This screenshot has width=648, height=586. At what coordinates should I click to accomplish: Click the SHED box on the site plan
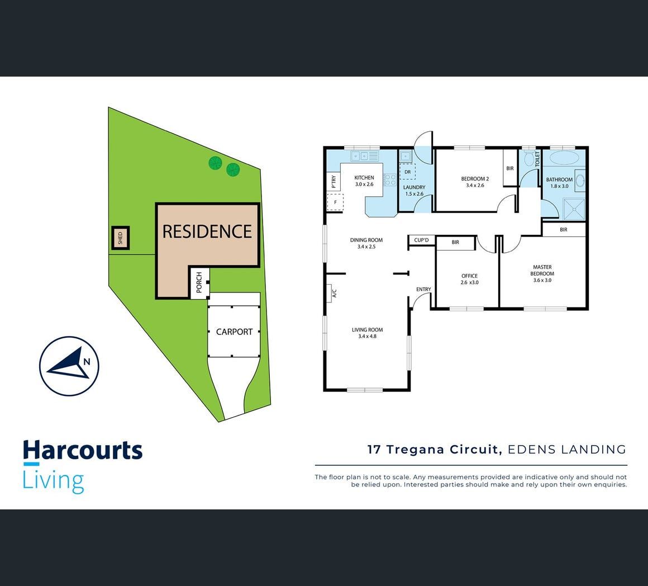coord(120,238)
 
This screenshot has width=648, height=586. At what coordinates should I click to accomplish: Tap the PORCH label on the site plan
coord(199,282)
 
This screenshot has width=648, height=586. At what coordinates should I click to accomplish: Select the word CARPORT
coord(234,332)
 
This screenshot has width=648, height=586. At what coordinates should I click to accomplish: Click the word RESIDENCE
coord(207,231)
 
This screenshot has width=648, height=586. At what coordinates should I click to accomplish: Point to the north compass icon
coord(69,366)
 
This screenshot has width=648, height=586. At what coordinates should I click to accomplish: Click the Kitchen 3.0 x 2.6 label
coord(364,181)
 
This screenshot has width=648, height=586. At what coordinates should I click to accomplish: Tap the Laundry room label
coord(414,190)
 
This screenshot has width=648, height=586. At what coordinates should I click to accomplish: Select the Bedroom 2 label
coord(475,182)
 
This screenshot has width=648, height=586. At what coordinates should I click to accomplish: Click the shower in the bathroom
coord(573,210)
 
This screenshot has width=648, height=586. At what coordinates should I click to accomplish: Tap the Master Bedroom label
coord(542,273)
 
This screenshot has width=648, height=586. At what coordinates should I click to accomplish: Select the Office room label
coord(469,278)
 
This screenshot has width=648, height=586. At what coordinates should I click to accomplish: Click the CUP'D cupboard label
coord(421,240)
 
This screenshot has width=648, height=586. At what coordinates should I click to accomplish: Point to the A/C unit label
coord(334,292)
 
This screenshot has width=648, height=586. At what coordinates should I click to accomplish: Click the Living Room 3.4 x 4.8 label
coord(367,333)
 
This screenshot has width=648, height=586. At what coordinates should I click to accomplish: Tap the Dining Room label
coord(366,243)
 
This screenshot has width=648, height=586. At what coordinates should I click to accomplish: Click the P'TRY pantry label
coord(333,181)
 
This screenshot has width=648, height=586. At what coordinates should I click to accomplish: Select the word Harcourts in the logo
coord(83,451)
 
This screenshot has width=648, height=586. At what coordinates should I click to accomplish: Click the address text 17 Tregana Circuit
coord(433,449)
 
